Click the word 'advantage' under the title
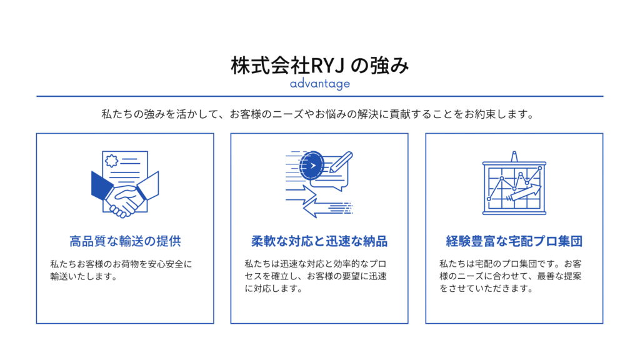click(x=319, y=84)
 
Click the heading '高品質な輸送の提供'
click(x=125, y=241)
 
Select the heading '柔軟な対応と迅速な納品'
click(x=319, y=241)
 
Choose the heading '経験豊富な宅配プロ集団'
click(x=514, y=241)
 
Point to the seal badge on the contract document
click(x=111, y=161)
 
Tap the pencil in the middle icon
click(x=341, y=162)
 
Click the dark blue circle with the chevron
click(x=311, y=165)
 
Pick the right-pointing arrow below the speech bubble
click(x=301, y=195)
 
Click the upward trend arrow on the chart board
click(x=524, y=192)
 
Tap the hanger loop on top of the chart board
click(x=514, y=156)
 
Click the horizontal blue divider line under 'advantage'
click(x=319, y=96)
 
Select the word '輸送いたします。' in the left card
click(x=84, y=276)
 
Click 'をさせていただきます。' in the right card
click(x=486, y=289)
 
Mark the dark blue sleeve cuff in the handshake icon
click(x=101, y=186)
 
